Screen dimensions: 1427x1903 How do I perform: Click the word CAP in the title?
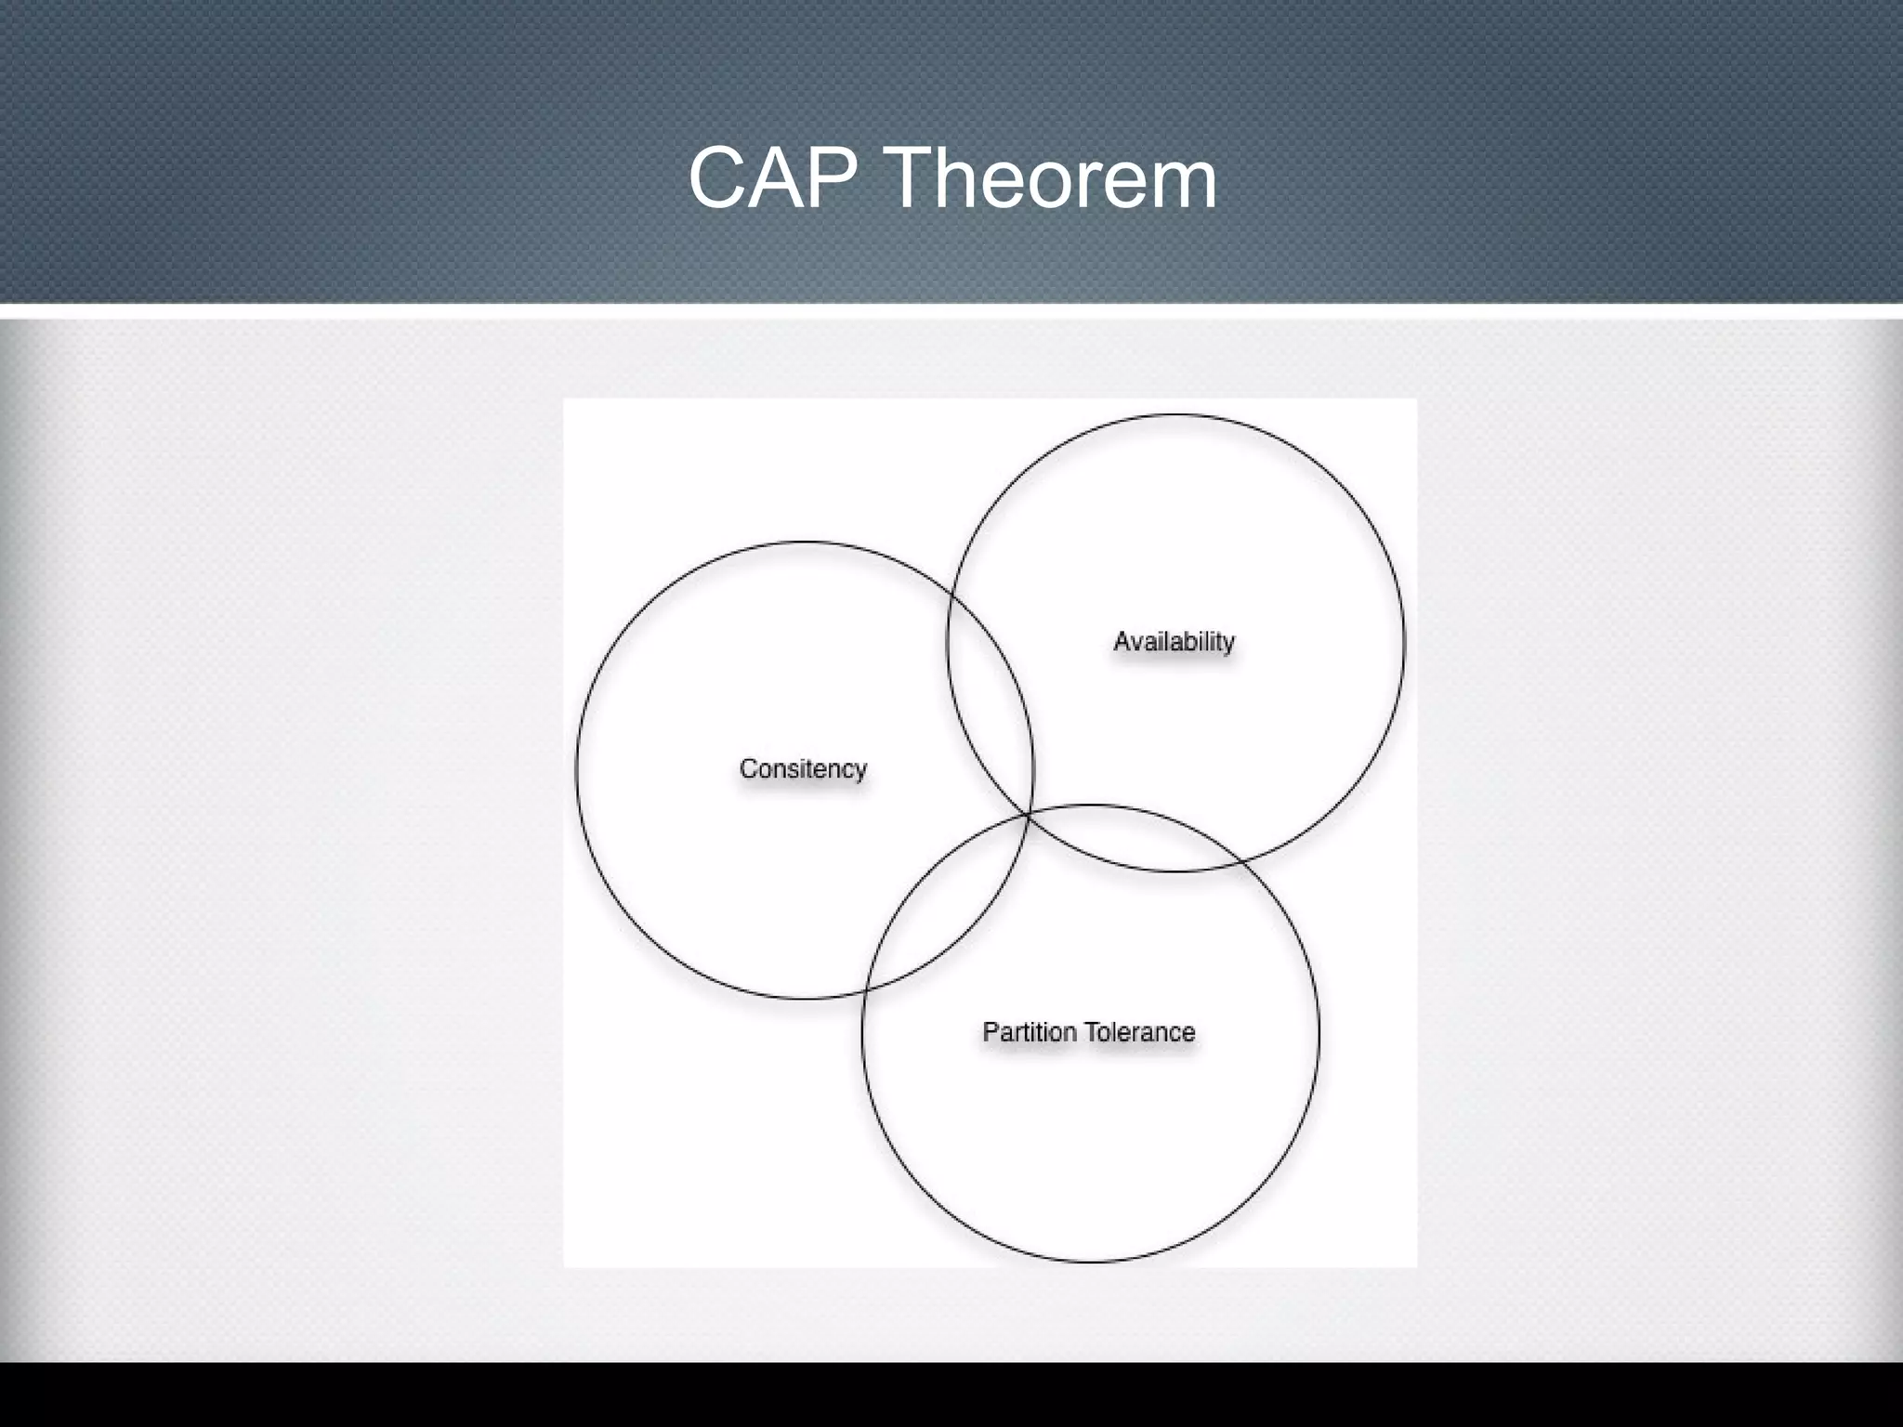tap(772, 178)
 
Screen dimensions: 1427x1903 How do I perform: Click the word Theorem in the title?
tap(1053, 178)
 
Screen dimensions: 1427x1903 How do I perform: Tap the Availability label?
tap(1174, 641)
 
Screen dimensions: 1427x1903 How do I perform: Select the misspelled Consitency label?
tap(803, 769)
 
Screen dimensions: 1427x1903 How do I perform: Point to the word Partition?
tap(1029, 1032)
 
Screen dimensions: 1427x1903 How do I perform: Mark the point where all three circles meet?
tap(1028, 814)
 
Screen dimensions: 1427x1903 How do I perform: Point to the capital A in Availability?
tap(1122, 641)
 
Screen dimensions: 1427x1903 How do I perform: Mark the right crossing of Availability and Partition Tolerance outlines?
tap(1243, 863)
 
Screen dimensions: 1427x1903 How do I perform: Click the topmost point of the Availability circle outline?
tap(1175, 414)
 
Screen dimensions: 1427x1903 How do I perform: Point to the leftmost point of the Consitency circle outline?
tap(576, 770)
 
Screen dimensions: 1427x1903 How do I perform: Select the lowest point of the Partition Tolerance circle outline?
tap(1091, 1262)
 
